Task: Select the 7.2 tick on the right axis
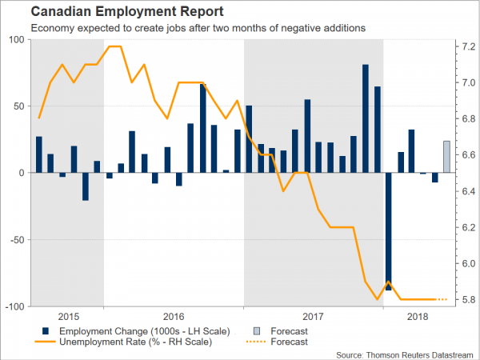pos(467,46)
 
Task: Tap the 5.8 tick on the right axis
pos(467,300)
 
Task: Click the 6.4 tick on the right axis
pos(467,191)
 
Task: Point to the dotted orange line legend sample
pos(255,342)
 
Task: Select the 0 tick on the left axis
pos(23,173)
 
